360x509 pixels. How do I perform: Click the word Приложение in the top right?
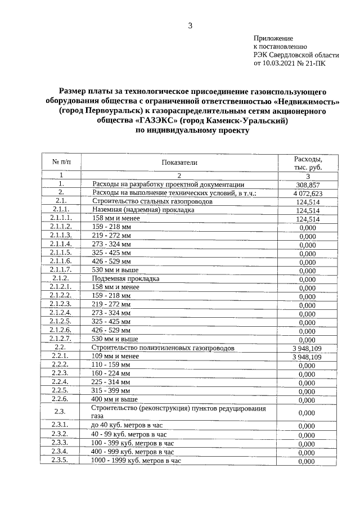pos(273,37)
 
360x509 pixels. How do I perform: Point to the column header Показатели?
pos(179,163)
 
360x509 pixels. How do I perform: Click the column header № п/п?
pos(61,163)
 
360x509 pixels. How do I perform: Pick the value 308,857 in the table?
pos(307,184)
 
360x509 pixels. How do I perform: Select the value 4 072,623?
pos(307,193)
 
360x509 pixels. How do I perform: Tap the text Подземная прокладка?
pos(126,278)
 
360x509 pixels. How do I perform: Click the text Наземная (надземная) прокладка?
pos(143,209)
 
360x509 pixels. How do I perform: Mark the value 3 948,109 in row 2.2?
pos(307,348)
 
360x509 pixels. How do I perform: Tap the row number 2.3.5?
pos(60,461)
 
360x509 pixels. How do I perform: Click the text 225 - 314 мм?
pos(111,382)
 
